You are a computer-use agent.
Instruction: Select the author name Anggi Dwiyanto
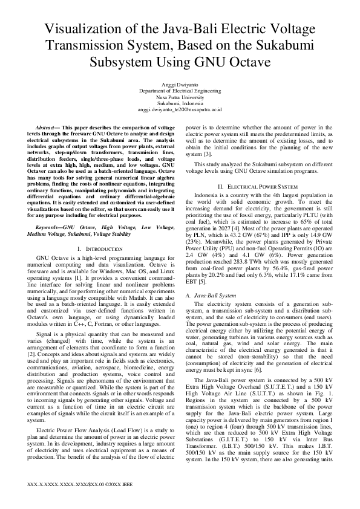pyautogui.click(x=180, y=85)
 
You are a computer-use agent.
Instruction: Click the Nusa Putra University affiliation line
pyautogui.click(x=180, y=97)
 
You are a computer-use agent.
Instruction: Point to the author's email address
pyautogui.click(x=180, y=109)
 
